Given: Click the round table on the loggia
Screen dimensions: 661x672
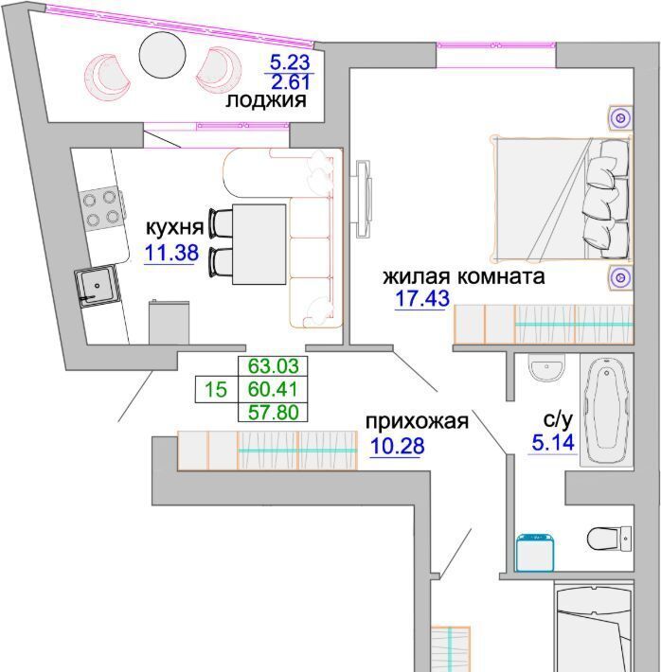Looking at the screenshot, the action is click(x=163, y=55).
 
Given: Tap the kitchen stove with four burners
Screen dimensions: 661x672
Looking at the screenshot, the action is click(x=101, y=208).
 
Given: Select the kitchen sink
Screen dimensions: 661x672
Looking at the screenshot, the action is click(x=97, y=286).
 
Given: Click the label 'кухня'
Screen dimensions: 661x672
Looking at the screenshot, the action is click(x=174, y=227).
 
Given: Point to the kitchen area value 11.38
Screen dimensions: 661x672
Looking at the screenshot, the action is click(x=171, y=253).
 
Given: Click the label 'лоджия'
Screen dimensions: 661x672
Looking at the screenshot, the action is click(x=266, y=100).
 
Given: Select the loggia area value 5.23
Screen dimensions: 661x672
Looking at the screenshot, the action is click(x=290, y=62).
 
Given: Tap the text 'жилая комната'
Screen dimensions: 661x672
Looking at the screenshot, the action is click(x=464, y=276).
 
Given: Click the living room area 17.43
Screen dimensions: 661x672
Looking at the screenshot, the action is click(x=422, y=298).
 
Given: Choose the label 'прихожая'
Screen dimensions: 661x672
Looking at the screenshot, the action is click(x=417, y=422).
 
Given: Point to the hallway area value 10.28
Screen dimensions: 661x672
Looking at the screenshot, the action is click(x=397, y=446).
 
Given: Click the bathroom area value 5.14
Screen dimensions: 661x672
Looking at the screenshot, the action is click(x=553, y=442).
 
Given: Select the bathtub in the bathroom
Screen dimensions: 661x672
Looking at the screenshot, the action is click(x=606, y=411).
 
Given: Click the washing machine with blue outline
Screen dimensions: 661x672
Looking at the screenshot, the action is click(x=534, y=553).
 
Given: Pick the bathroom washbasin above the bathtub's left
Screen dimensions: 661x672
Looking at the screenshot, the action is click(x=546, y=368).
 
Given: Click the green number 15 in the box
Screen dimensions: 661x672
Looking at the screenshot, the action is click(x=215, y=390).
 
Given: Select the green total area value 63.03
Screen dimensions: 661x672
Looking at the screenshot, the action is click(x=274, y=366).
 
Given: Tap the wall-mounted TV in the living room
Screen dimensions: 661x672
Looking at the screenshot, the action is click(x=362, y=199).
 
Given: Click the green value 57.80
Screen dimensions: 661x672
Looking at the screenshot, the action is click(x=274, y=413).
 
